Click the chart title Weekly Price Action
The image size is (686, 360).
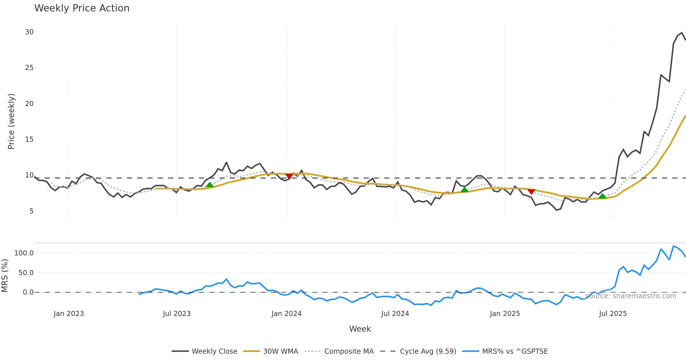[x=82, y=8]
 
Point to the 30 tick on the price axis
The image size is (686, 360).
[x=29, y=32]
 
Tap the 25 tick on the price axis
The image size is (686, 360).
[x=29, y=68]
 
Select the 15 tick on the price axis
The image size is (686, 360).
[x=29, y=139]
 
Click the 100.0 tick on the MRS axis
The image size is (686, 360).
[x=24, y=253]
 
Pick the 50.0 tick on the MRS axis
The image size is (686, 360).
[x=26, y=273]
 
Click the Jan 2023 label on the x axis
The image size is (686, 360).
[x=69, y=314]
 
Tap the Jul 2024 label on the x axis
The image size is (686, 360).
[x=395, y=314]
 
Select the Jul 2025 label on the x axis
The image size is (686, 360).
[x=613, y=314]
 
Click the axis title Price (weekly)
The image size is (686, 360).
[x=11, y=121]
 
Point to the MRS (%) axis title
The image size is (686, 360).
[x=5, y=276]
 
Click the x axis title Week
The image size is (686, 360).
[x=360, y=329]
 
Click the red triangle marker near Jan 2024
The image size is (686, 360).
[x=289, y=176]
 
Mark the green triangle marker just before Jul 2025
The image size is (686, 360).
[x=602, y=196]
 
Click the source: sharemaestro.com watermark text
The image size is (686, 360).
[x=631, y=296]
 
